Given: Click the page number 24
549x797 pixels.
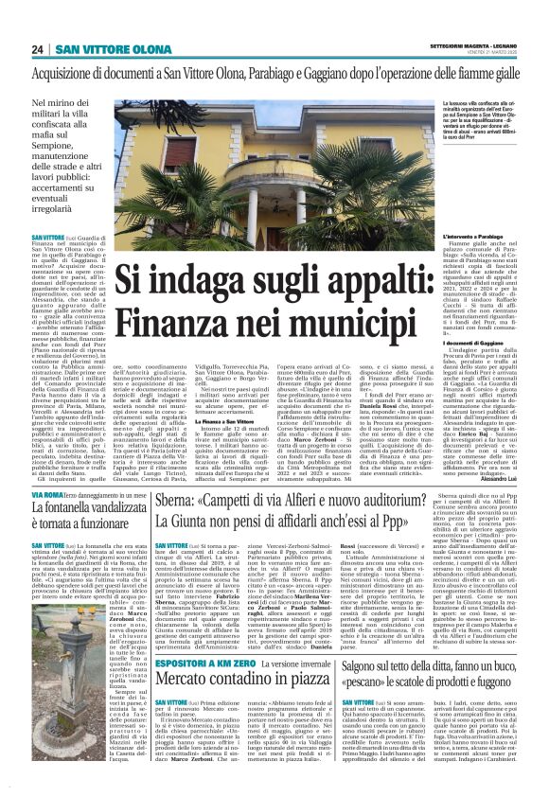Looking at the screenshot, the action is point(37,49).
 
